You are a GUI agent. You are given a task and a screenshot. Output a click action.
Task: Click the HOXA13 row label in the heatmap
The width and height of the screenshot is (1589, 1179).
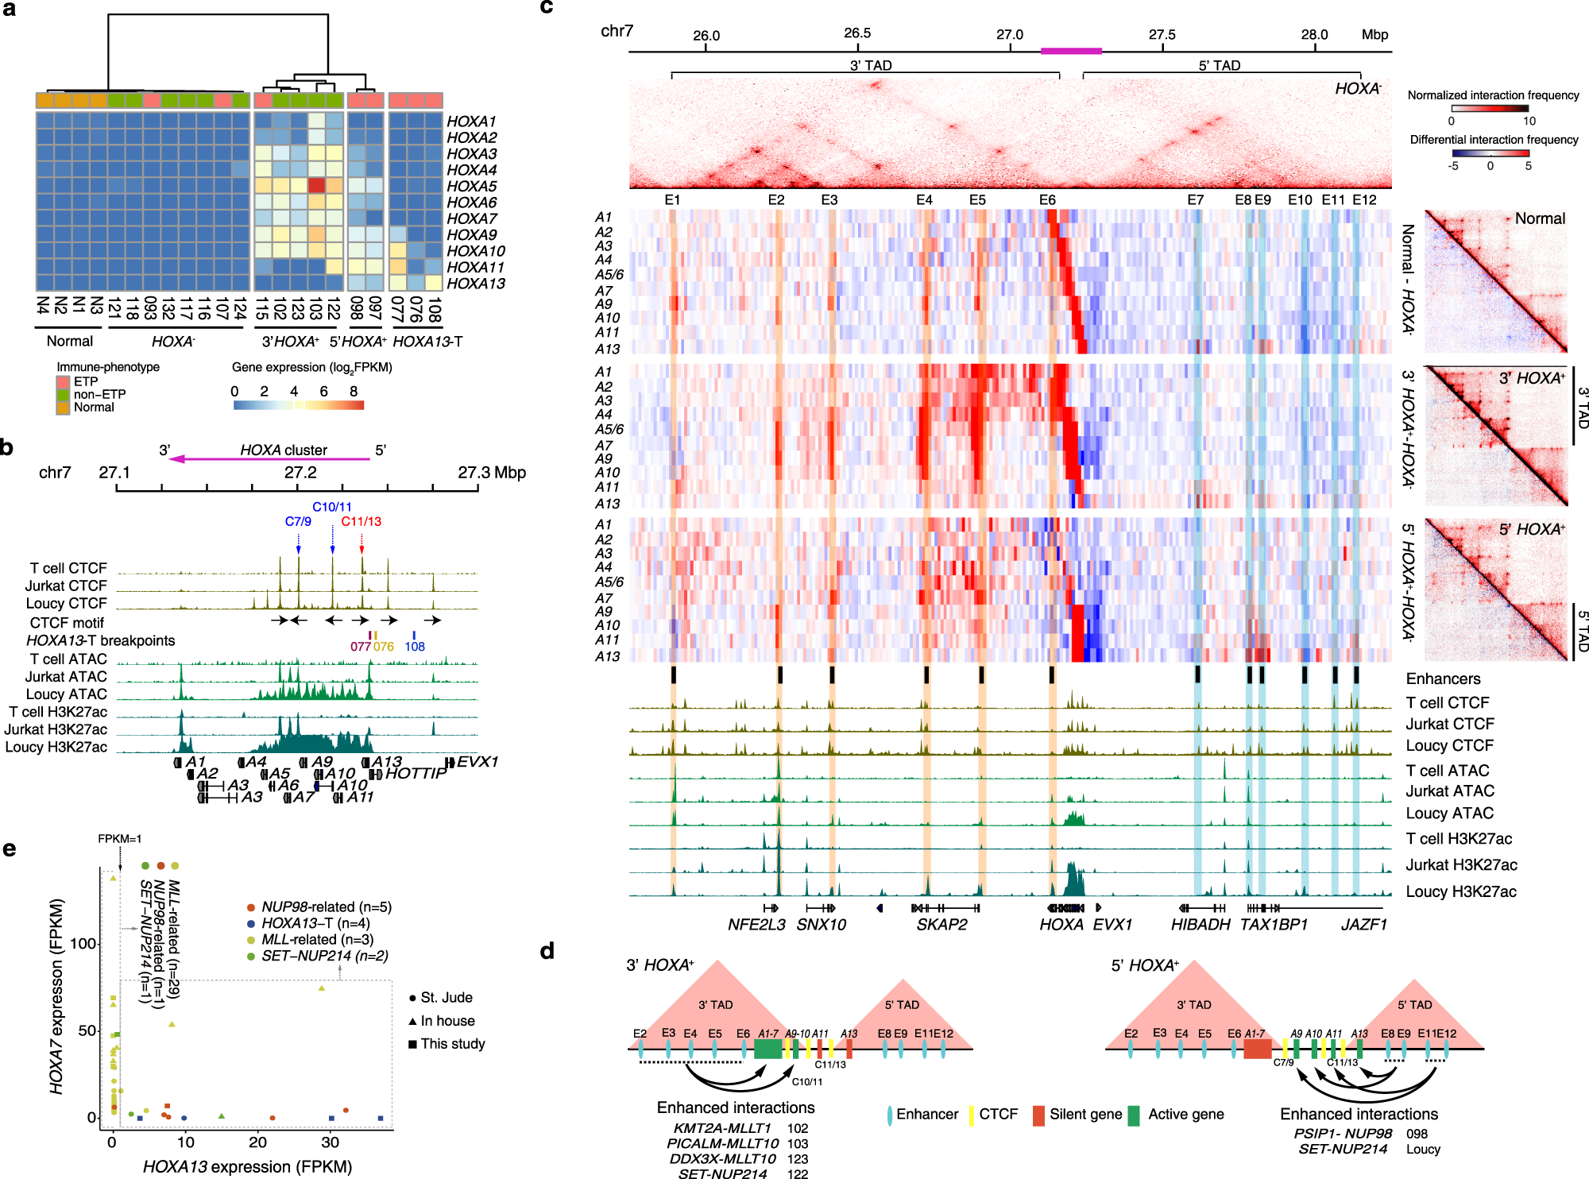coord(475,284)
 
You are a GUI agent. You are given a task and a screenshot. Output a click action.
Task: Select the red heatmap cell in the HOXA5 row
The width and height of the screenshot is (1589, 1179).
coord(316,186)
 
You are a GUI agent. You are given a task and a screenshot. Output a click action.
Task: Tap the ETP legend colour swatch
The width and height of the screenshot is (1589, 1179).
coord(63,382)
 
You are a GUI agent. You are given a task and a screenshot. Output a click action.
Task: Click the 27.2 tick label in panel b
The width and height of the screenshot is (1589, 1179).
coord(300,473)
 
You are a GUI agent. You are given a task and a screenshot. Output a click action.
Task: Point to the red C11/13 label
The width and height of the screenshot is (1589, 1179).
coord(361,521)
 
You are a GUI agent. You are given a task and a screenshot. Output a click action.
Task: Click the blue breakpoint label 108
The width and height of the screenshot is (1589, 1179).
coord(414,646)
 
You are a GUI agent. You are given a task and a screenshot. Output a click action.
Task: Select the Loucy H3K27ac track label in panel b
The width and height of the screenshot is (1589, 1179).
coord(56,747)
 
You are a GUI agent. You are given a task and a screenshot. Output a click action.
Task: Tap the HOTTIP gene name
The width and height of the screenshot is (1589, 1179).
coord(415,773)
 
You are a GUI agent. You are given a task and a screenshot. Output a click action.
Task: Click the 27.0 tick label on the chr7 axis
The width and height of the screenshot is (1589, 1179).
coord(1009,35)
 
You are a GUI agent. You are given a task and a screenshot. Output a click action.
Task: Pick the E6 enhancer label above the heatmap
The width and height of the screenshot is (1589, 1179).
coord(1047,200)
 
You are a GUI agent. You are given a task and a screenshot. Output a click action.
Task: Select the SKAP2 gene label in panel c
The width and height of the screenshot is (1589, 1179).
coord(941,925)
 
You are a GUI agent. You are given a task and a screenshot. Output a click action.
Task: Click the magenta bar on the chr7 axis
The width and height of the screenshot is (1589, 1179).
coord(1070,51)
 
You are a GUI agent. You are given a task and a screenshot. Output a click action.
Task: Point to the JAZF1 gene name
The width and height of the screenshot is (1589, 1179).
coord(1363,925)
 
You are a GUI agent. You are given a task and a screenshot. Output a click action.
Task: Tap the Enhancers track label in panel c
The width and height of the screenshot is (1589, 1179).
coord(1443,678)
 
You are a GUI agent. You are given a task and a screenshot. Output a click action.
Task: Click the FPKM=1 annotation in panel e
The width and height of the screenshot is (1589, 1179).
coord(119,839)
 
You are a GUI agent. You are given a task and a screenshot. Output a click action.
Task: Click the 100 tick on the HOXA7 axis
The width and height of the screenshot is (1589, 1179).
coord(83,943)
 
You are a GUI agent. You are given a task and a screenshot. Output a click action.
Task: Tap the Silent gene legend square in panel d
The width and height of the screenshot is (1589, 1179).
coord(1038,1115)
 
